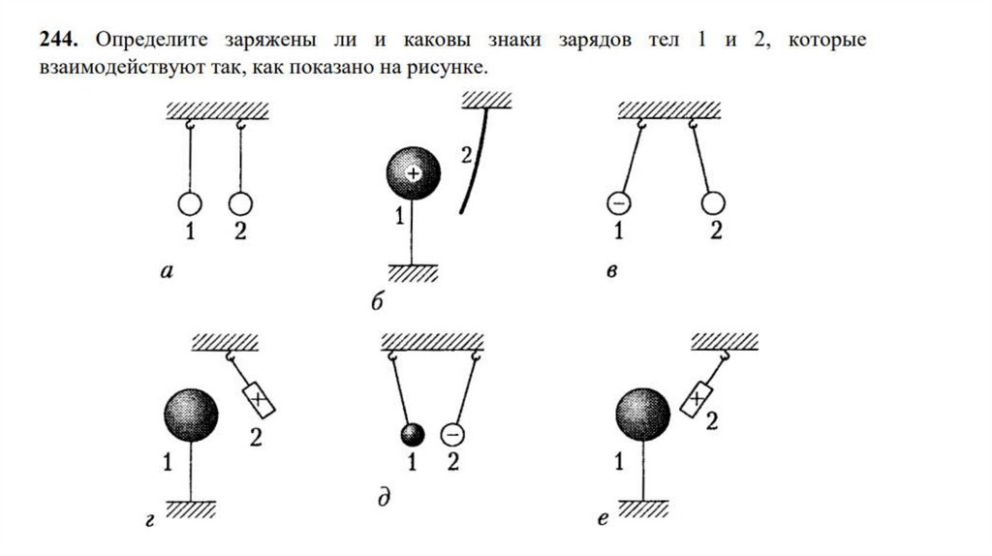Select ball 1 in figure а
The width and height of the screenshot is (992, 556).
click(190, 203)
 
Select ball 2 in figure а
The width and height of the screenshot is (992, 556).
click(240, 203)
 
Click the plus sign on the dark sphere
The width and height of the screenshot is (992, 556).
click(414, 173)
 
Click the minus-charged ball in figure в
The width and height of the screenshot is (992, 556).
click(618, 203)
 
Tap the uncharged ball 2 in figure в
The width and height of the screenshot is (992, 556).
click(714, 203)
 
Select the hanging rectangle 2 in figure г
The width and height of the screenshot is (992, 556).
click(258, 396)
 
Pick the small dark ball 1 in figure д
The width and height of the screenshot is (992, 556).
click(412, 433)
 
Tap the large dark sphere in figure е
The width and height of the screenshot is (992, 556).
click(643, 416)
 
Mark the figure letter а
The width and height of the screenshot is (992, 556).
click(167, 273)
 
